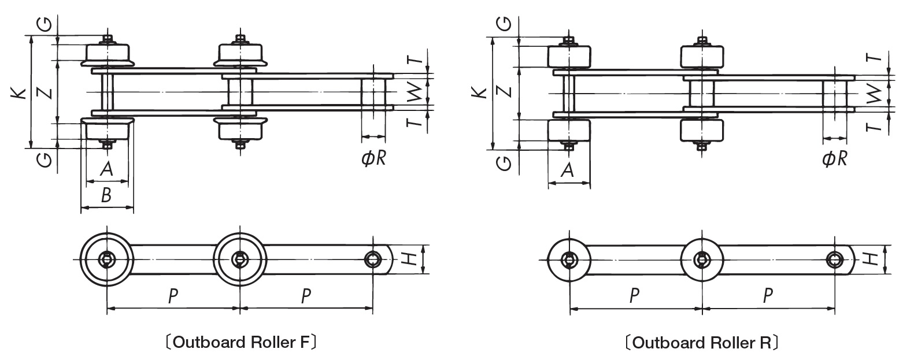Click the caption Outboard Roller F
tap(240, 343)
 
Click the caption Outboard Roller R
tap(701, 343)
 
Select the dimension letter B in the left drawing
tap(106, 196)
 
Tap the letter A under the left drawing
tap(106, 169)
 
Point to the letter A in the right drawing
tap(568, 170)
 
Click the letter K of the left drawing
tap(19, 92)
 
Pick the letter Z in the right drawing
tap(505, 92)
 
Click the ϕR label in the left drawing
tap(373, 158)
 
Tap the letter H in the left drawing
tap(409, 259)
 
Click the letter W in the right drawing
tap(876, 92)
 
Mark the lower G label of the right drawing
tap(504, 164)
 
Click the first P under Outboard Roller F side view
tap(173, 296)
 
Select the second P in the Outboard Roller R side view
tap(768, 296)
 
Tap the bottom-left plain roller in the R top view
tap(568, 131)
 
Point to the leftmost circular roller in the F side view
tap(107, 259)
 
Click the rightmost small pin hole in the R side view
tap(834, 259)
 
